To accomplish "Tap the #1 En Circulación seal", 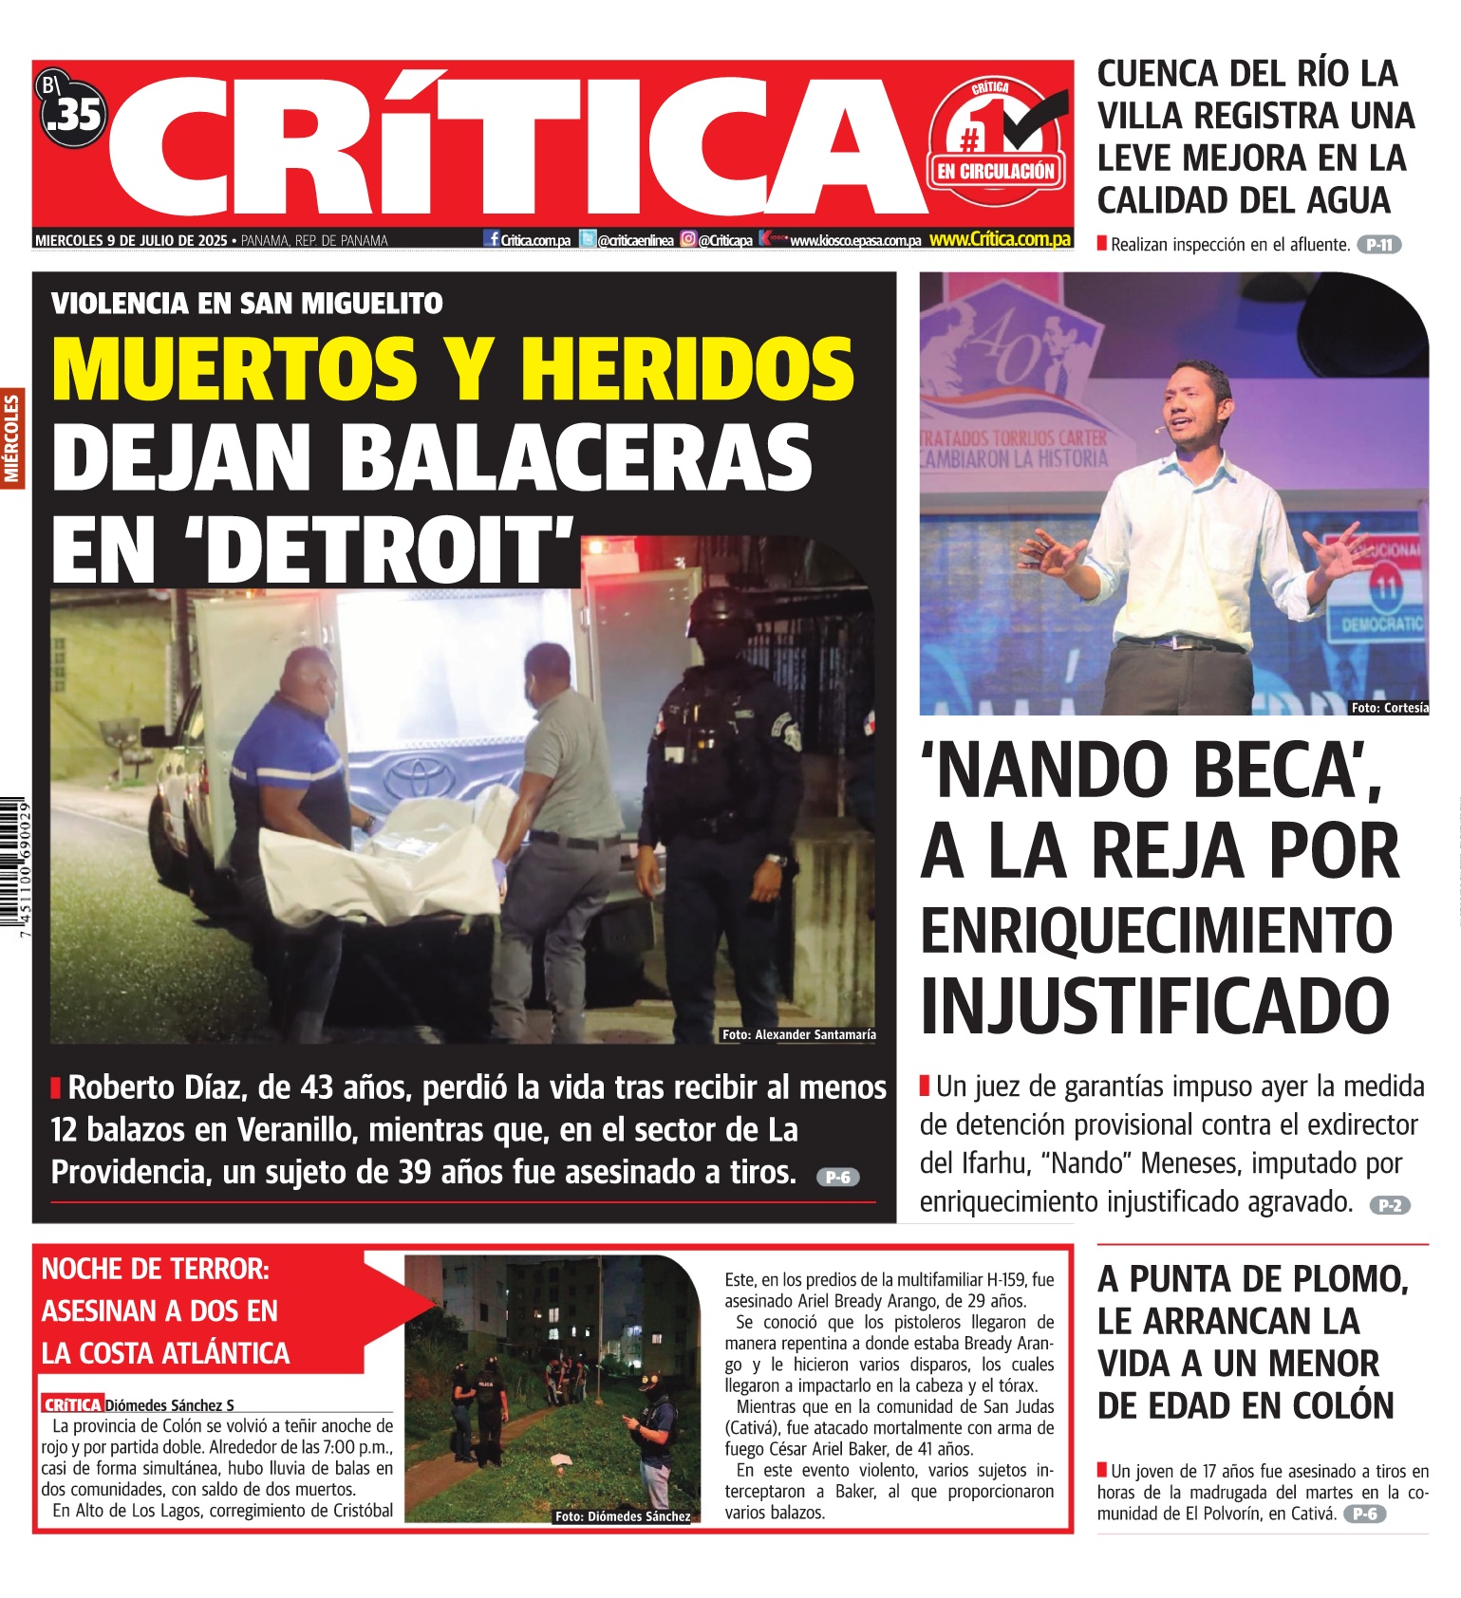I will (996, 142).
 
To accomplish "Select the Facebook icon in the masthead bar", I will (492, 239).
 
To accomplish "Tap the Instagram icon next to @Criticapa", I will (688, 240).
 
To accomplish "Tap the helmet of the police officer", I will (721, 616).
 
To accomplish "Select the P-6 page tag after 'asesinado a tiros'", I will (837, 1177).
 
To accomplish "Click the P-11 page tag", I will (1378, 245).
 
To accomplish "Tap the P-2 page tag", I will (1390, 1205).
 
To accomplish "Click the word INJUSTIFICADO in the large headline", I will (1154, 1006).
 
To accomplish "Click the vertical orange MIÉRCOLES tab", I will (12, 437).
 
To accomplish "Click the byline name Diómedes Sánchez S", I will (169, 1404).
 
